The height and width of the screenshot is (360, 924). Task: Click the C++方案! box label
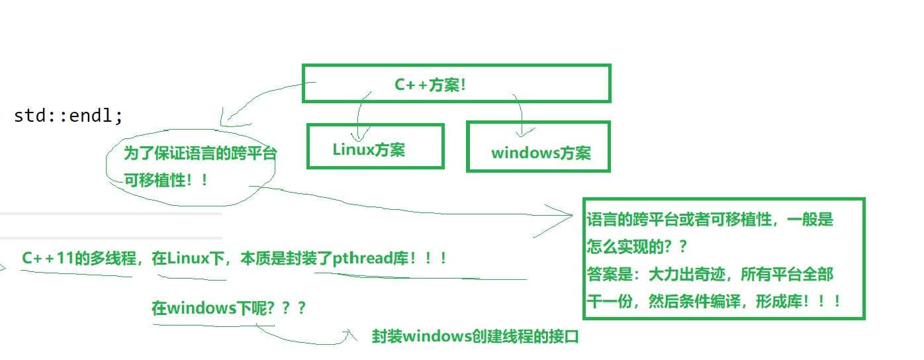click(x=430, y=85)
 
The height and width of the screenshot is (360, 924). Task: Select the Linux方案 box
click(x=375, y=147)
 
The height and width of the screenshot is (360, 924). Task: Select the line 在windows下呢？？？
click(x=228, y=308)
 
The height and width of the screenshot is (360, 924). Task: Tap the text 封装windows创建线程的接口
click(x=475, y=337)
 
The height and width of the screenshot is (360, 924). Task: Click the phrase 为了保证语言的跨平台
click(x=200, y=154)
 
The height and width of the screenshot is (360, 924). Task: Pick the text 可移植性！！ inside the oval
click(x=165, y=179)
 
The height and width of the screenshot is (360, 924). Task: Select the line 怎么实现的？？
click(x=636, y=247)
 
